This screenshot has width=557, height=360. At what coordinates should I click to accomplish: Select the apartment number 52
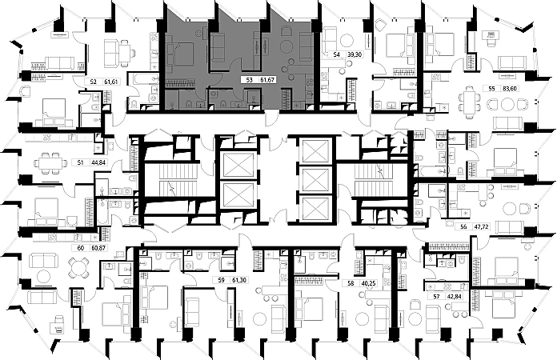[93, 81]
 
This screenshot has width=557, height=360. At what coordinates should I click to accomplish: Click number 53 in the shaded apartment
[250, 81]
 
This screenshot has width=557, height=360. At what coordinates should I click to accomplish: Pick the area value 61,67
[272, 81]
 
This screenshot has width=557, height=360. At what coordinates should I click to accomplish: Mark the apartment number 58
[350, 282]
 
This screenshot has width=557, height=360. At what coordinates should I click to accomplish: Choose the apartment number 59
[221, 281]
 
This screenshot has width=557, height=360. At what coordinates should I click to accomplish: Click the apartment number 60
[81, 249]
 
